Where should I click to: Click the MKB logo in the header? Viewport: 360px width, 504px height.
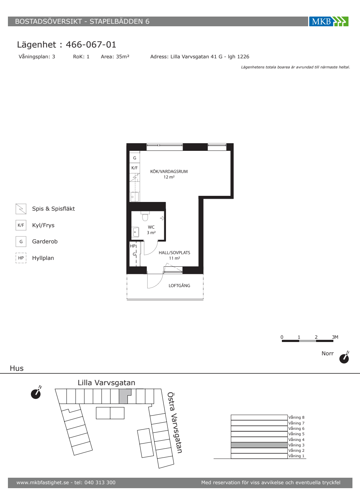pos(329,21)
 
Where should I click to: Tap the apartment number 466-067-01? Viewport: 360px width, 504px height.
pos(91,45)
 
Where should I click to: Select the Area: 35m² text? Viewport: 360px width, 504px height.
pos(115,57)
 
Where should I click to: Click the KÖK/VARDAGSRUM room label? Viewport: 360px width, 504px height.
pos(169,171)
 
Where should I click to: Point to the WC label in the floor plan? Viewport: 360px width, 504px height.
pos(151,227)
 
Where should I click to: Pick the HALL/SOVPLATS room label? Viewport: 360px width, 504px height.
pos(174,253)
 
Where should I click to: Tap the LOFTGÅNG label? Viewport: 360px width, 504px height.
pos(179,285)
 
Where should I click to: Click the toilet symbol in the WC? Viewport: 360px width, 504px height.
pos(145,216)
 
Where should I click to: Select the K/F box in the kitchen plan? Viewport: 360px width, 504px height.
pos(135,168)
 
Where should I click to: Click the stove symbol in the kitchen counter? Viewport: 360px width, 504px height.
pos(135,178)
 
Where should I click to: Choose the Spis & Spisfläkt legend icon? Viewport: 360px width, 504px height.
pos(21,209)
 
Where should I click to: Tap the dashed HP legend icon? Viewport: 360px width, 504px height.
pos(21,258)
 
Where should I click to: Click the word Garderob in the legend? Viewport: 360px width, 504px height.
pos(45,242)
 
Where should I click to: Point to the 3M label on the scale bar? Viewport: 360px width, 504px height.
pos(335,337)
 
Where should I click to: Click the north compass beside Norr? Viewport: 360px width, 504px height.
pos(344,357)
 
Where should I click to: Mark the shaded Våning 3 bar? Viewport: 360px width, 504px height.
pos(259,445)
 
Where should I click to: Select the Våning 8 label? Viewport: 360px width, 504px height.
pos(296,417)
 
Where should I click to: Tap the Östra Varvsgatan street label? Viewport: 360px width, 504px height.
pos(175,423)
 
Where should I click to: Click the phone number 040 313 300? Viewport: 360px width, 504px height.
pos(100,482)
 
